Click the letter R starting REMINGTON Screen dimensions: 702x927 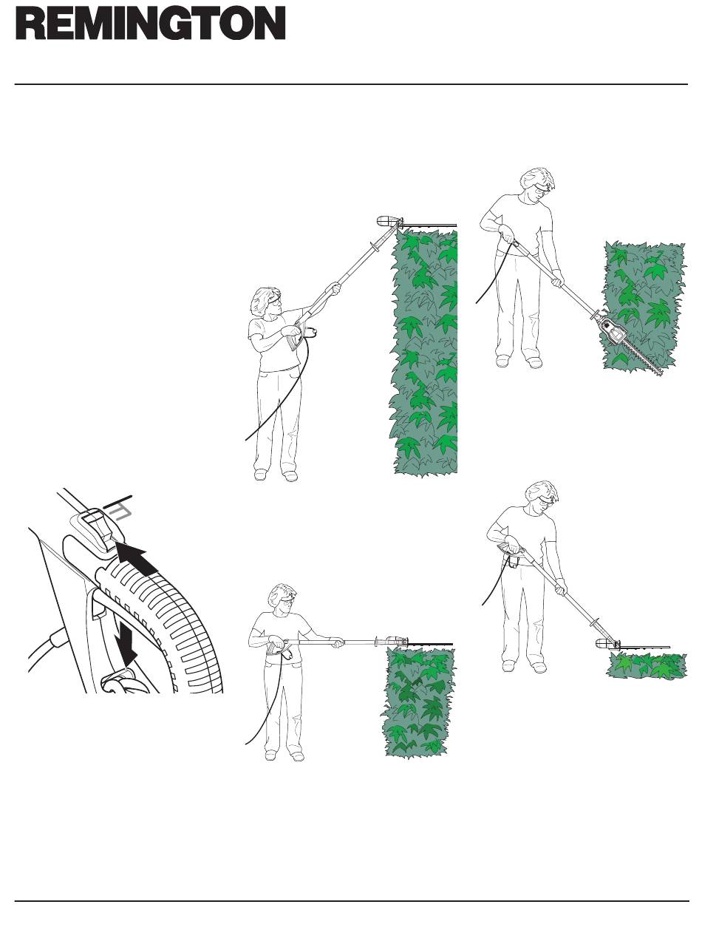click(x=30, y=23)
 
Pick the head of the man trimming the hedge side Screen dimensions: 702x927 click(x=536, y=186)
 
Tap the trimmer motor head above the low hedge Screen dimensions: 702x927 click(x=608, y=644)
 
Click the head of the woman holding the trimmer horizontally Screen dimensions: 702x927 click(x=284, y=600)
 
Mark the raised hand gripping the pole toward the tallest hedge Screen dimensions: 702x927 click(x=333, y=289)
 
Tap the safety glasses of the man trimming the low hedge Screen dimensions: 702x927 click(x=547, y=500)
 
